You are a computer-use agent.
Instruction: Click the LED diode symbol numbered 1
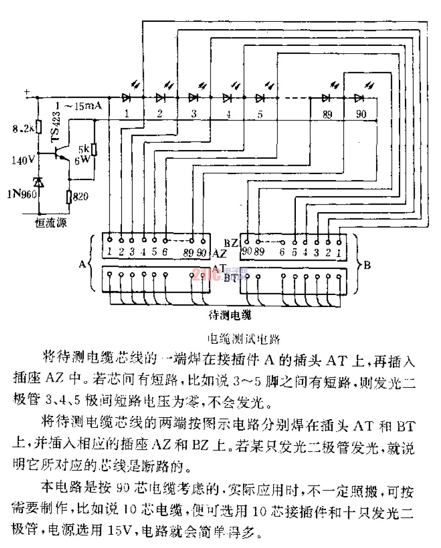(126, 98)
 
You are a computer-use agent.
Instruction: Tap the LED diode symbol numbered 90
(359, 98)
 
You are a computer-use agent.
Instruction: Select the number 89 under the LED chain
(327, 114)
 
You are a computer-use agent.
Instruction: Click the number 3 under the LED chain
(194, 114)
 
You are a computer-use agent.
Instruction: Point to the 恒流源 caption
(51, 223)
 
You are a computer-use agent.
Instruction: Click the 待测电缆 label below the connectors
(230, 315)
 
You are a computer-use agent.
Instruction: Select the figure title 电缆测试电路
(243, 339)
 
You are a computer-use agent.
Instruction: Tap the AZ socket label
(219, 253)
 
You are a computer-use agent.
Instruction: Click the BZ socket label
(231, 243)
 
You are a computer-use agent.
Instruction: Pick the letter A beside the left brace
(82, 264)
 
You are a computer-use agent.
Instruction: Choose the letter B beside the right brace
(367, 265)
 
